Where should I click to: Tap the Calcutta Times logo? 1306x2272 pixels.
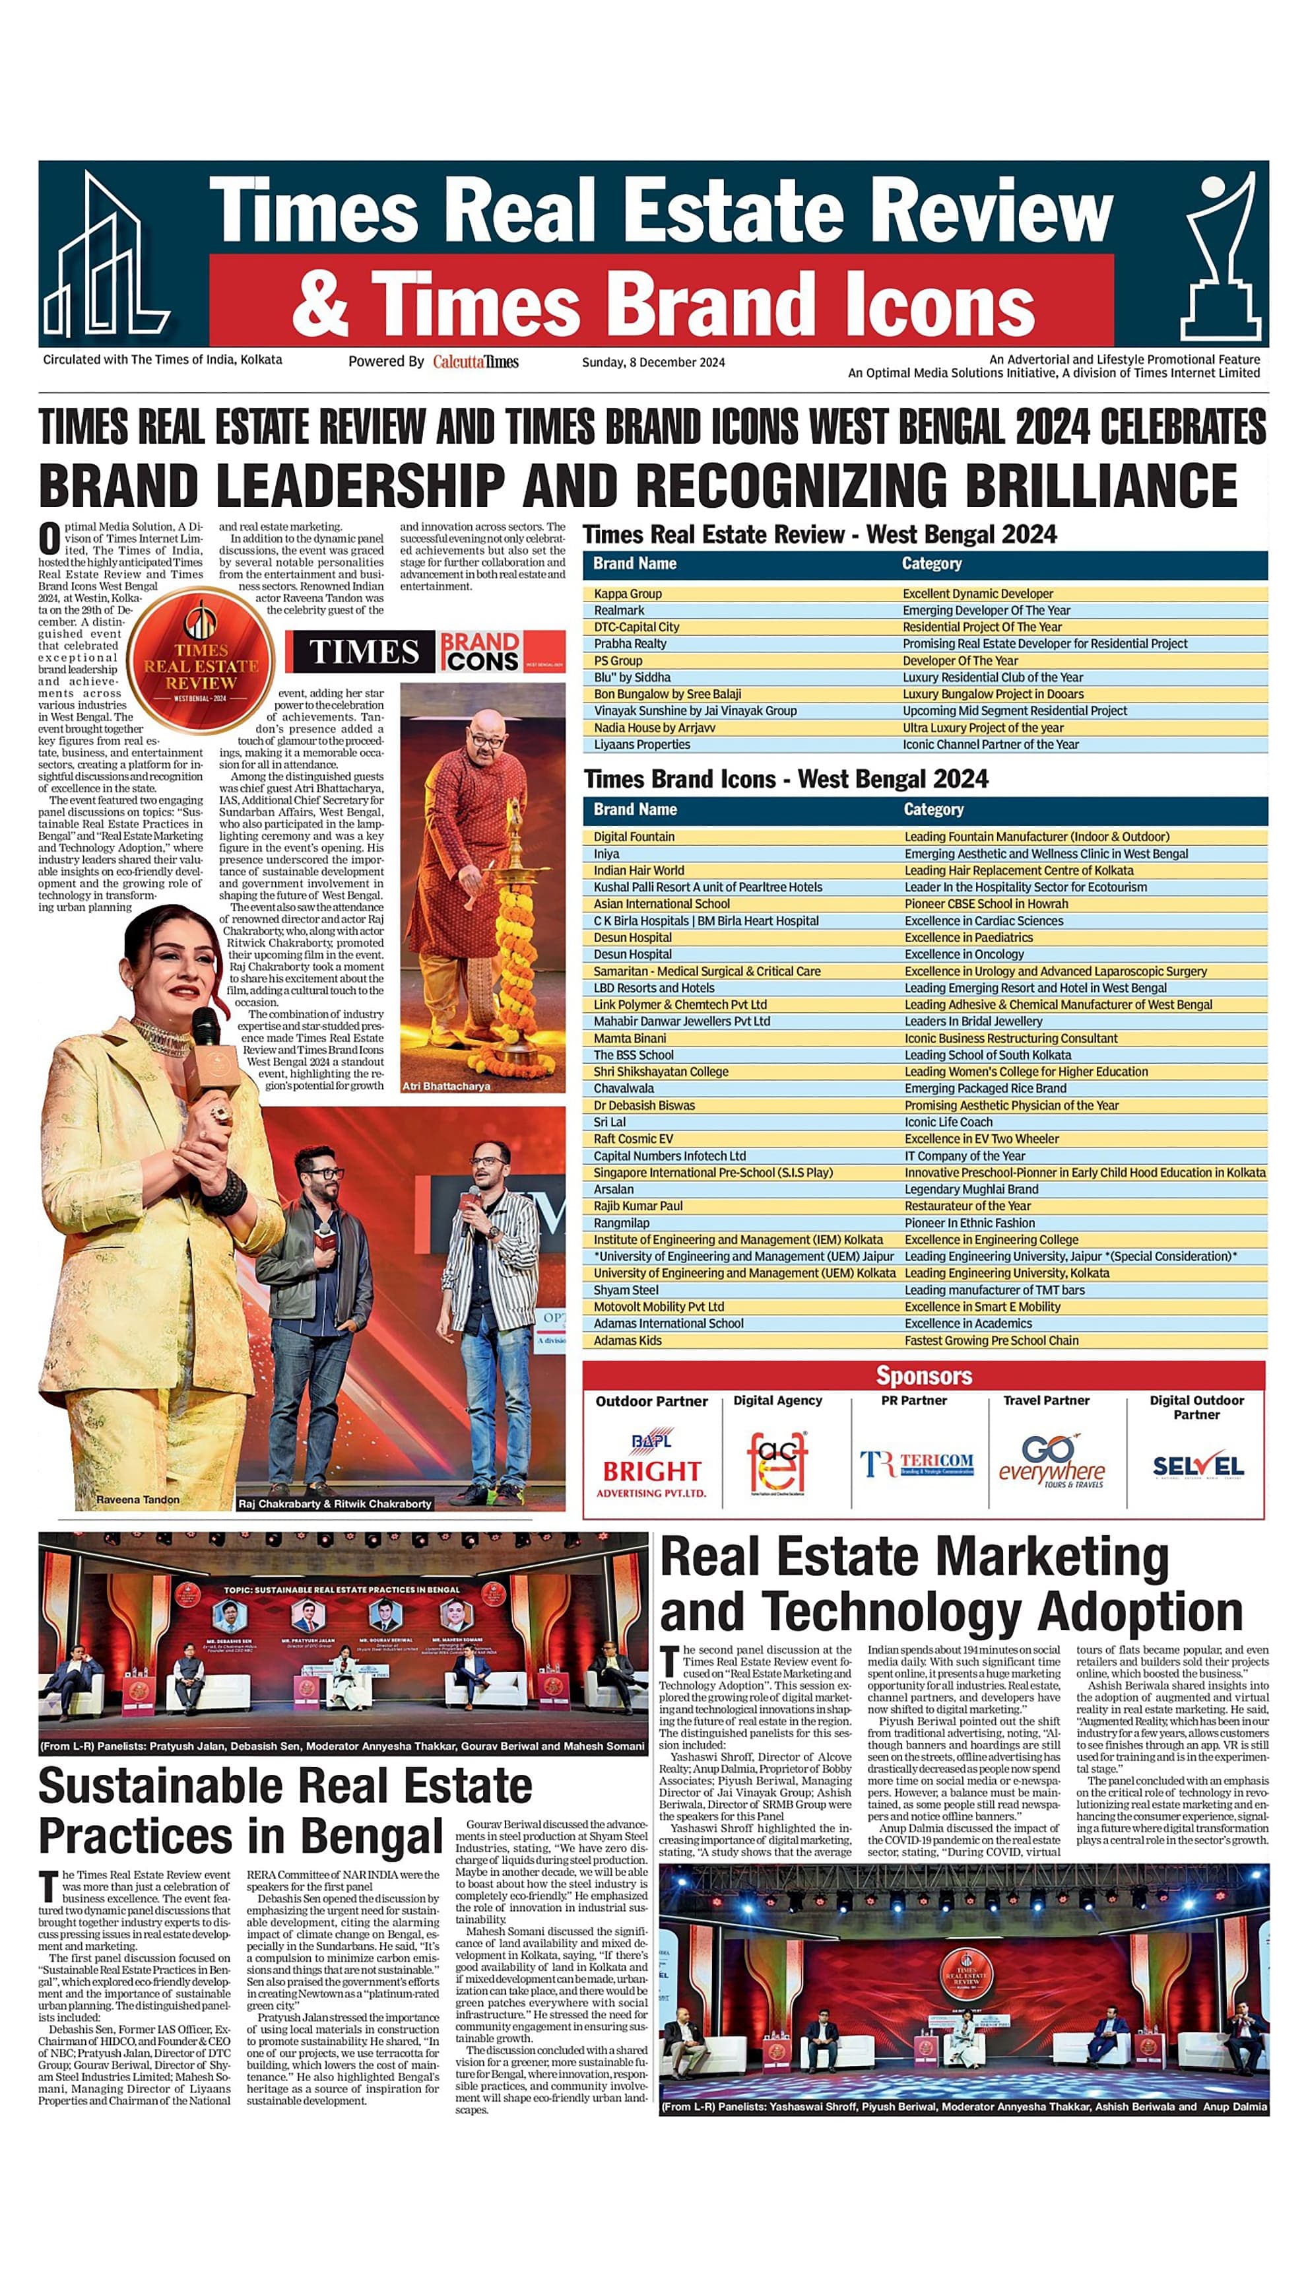[x=475, y=362]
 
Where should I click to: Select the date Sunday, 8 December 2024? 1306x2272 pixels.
[x=653, y=362]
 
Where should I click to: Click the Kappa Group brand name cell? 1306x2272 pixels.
[x=628, y=593]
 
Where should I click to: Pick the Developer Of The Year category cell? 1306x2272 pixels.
[x=960, y=660]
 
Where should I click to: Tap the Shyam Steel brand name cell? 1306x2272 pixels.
[x=626, y=1290]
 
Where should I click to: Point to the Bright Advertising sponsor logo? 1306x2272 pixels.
[x=651, y=1464]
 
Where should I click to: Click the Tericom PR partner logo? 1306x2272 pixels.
[x=917, y=1464]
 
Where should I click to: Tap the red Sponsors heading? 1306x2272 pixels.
[x=924, y=1375]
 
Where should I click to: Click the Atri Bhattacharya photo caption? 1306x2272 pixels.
[x=447, y=1085]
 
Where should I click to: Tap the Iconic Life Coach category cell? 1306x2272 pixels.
[x=948, y=1122]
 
